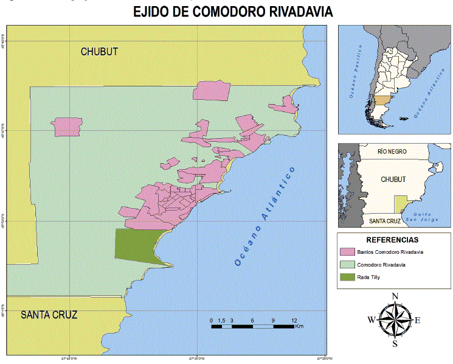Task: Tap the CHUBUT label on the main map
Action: point(99,52)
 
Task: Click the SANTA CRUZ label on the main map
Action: point(49,315)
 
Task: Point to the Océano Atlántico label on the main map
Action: point(265,216)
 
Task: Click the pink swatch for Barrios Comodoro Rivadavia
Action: point(348,251)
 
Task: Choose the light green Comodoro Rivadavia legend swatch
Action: point(348,265)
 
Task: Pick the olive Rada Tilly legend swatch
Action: point(348,278)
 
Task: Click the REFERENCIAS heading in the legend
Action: point(393,240)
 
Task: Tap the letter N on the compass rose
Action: point(395,296)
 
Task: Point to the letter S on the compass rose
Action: point(395,343)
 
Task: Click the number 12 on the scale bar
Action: point(294,320)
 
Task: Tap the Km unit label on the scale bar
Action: point(299,327)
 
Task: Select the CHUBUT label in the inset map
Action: point(393,180)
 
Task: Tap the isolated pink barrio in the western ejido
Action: point(67,127)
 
